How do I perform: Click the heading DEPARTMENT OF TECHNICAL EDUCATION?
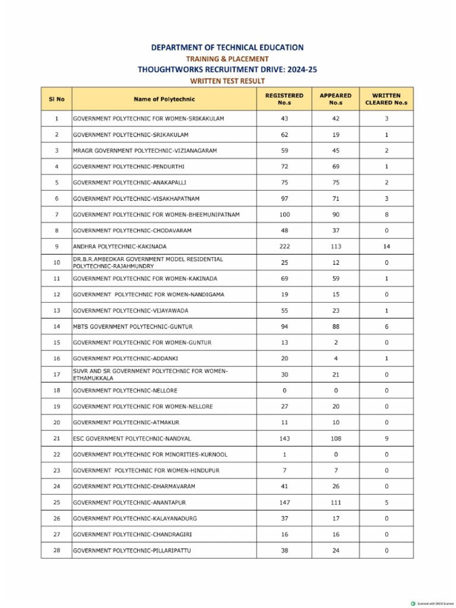227,47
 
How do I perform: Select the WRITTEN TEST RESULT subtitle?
227,81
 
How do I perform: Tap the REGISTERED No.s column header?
284,99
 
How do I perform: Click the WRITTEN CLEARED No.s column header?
386,99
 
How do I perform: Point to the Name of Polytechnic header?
164,99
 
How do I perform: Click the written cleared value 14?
386,246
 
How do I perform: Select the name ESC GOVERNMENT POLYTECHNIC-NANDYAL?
132,439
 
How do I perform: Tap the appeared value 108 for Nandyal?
335,439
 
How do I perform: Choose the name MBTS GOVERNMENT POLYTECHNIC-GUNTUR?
132,327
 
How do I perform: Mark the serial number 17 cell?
56,375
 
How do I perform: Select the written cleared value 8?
386,214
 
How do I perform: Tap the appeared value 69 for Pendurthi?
335,166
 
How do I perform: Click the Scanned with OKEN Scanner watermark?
432,603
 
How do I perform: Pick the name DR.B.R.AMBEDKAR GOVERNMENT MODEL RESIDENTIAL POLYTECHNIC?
148,262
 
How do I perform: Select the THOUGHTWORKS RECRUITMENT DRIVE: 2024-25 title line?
227,69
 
